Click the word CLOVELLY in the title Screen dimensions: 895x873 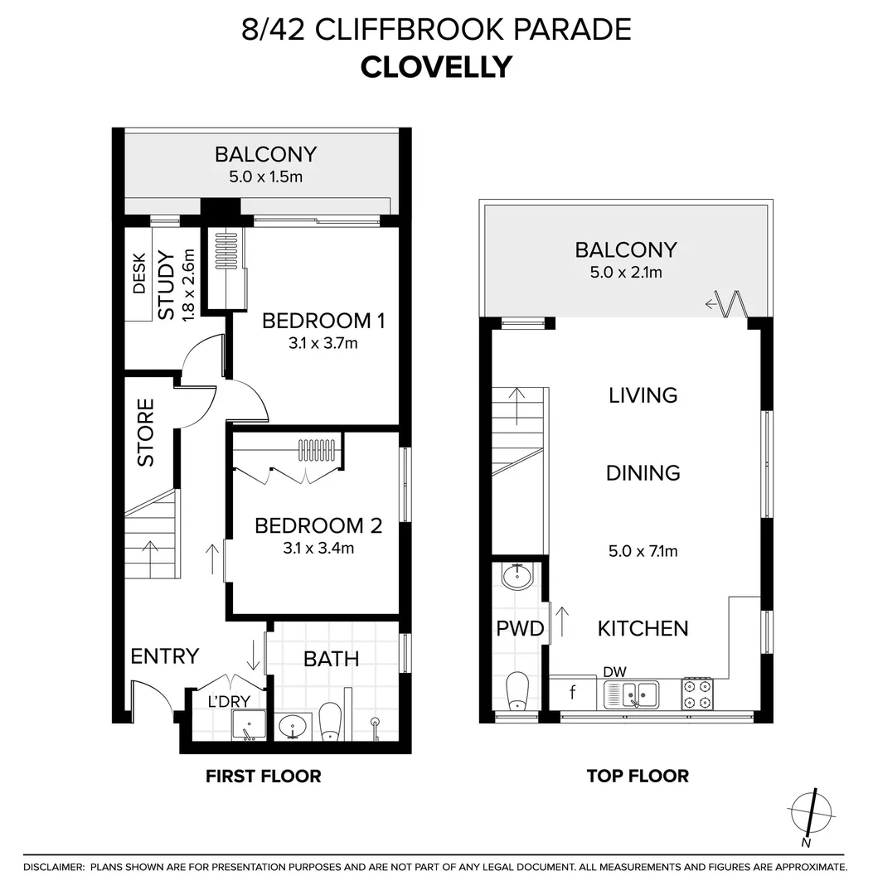pyautogui.click(x=436, y=66)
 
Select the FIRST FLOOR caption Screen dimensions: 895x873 pyautogui.click(x=263, y=776)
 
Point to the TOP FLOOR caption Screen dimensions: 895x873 pyautogui.click(x=638, y=776)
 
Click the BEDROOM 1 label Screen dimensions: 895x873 pyautogui.click(x=323, y=321)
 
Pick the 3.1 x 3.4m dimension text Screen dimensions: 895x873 pyautogui.click(x=318, y=548)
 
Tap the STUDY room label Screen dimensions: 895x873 pyautogui.click(x=167, y=284)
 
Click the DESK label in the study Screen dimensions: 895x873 pyautogui.click(x=138, y=274)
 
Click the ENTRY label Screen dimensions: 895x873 pyautogui.click(x=165, y=656)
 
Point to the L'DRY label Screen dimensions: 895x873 pyautogui.click(x=228, y=701)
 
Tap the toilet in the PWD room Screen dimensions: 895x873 pyautogui.click(x=517, y=690)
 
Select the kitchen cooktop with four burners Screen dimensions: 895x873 pyautogui.click(x=696, y=693)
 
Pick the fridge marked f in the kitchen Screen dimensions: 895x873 pyautogui.click(x=573, y=691)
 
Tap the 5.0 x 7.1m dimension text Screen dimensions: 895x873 pyautogui.click(x=643, y=551)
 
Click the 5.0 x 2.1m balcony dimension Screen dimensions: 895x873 pyautogui.click(x=626, y=272)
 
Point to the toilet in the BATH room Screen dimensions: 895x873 pyautogui.click(x=330, y=722)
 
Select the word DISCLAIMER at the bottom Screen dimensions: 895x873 pyautogui.click(x=54, y=867)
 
